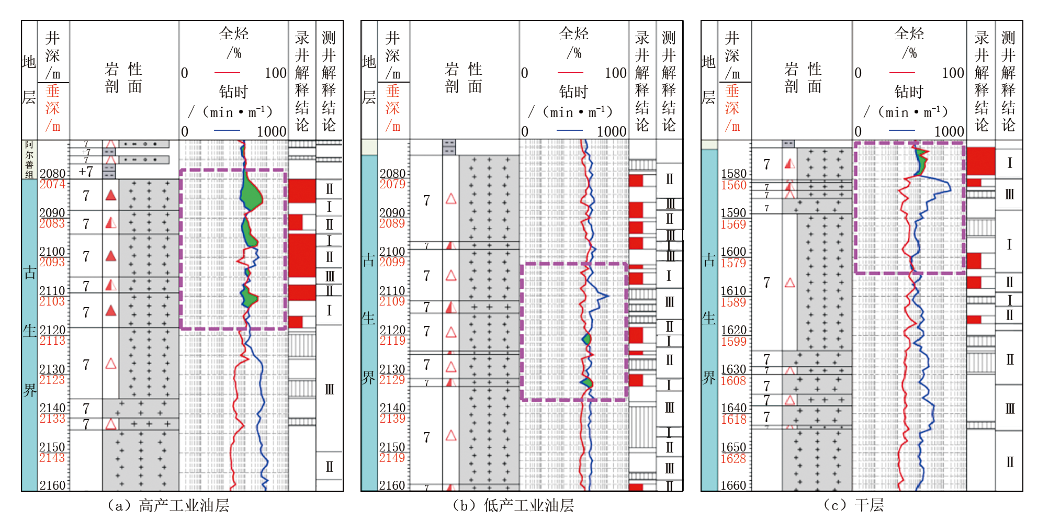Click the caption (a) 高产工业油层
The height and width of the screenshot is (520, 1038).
(168, 505)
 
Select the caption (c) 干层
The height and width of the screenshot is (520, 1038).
(853, 505)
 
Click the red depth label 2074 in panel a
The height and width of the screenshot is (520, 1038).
(52, 184)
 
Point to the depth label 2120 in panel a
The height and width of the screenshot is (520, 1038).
(52, 330)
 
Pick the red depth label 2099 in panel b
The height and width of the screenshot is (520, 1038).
(392, 262)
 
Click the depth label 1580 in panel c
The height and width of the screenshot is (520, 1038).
(733, 174)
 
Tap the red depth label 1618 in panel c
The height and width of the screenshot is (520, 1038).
(733, 420)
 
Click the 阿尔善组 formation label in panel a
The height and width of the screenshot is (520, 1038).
(29, 160)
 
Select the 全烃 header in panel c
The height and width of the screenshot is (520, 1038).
(909, 34)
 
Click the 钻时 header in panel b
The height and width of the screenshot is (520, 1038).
(573, 92)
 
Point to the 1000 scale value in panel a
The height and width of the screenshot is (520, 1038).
(272, 131)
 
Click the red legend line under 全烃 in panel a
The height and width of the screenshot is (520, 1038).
(227, 73)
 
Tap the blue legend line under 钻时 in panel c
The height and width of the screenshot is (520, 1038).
(901, 130)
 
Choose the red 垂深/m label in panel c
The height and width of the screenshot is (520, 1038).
(732, 108)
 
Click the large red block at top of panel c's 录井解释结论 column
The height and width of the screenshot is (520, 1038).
(980, 161)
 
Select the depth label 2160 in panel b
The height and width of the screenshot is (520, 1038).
(392, 485)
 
